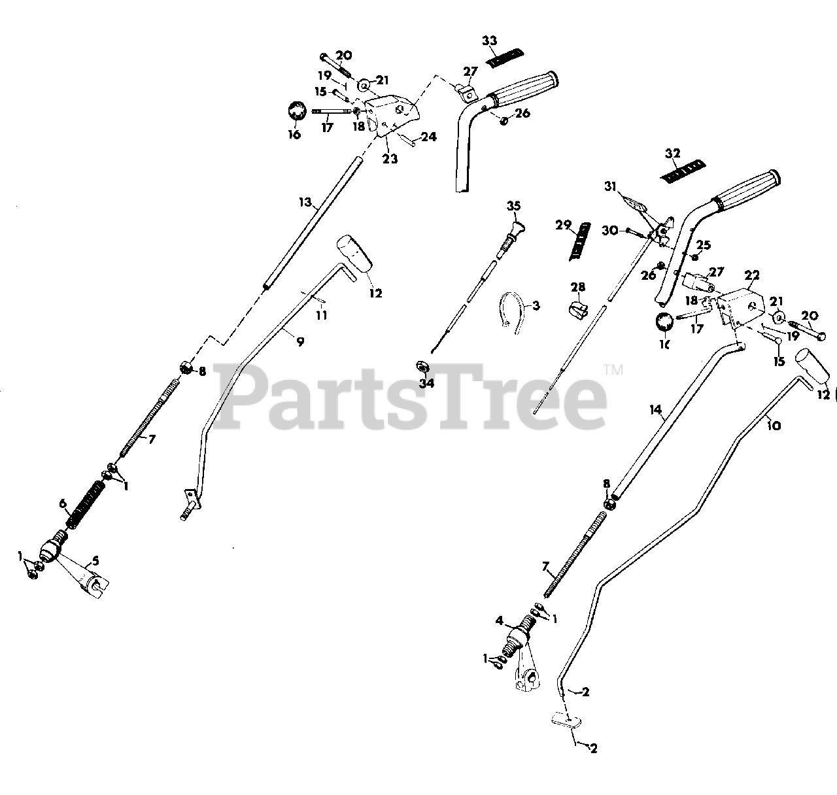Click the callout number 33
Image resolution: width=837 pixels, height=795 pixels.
(489, 41)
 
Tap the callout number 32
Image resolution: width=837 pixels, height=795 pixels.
(673, 154)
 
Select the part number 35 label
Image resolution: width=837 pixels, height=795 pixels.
(513, 206)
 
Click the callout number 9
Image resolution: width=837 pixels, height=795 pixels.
(299, 341)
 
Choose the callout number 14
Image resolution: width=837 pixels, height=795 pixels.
(656, 411)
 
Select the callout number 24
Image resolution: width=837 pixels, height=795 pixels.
(428, 137)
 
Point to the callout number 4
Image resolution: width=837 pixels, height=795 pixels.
(500, 620)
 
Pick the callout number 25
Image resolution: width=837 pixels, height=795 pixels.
(703, 245)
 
